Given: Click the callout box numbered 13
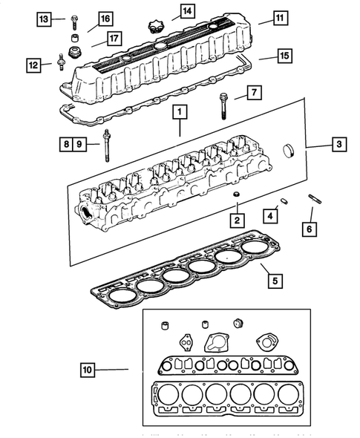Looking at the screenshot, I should (x=45, y=18).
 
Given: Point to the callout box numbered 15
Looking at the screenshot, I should (x=284, y=56).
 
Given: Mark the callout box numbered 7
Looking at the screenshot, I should (x=252, y=94).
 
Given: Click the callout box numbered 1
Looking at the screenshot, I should (x=178, y=113).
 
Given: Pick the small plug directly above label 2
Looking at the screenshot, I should (x=236, y=195).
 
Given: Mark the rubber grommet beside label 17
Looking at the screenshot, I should (x=74, y=50).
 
